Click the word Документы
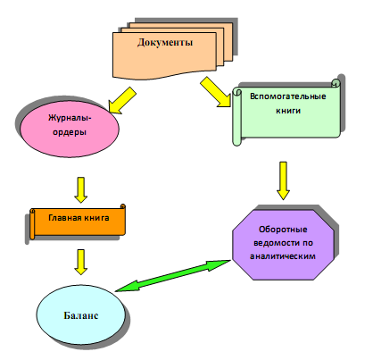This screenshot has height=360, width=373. [165, 42]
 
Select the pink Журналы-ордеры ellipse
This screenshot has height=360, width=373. [70, 130]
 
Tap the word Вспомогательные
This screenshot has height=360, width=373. [288, 96]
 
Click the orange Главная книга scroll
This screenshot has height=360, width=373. [78, 222]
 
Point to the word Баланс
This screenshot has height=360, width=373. [81, 315]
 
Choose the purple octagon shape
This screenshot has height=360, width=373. [283, 245]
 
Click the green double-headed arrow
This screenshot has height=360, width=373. [173, 275]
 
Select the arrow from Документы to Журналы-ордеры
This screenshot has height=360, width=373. [122, 101]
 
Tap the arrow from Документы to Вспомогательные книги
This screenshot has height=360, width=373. [215, 92]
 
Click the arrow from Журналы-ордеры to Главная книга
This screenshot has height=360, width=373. [80, 190]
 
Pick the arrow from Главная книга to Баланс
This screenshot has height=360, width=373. [80, 262]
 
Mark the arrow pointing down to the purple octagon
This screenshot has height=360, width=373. [283, 180]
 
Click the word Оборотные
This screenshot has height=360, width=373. [283, 230]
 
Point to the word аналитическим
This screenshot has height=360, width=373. [283, 256]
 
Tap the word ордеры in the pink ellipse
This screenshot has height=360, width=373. [70, 132]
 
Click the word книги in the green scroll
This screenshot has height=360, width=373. [288, 111]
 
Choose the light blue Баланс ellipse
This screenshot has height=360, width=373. [81, 315]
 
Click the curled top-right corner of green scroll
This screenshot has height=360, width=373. [336, 83]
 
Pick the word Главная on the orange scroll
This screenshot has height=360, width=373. [64, 218]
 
